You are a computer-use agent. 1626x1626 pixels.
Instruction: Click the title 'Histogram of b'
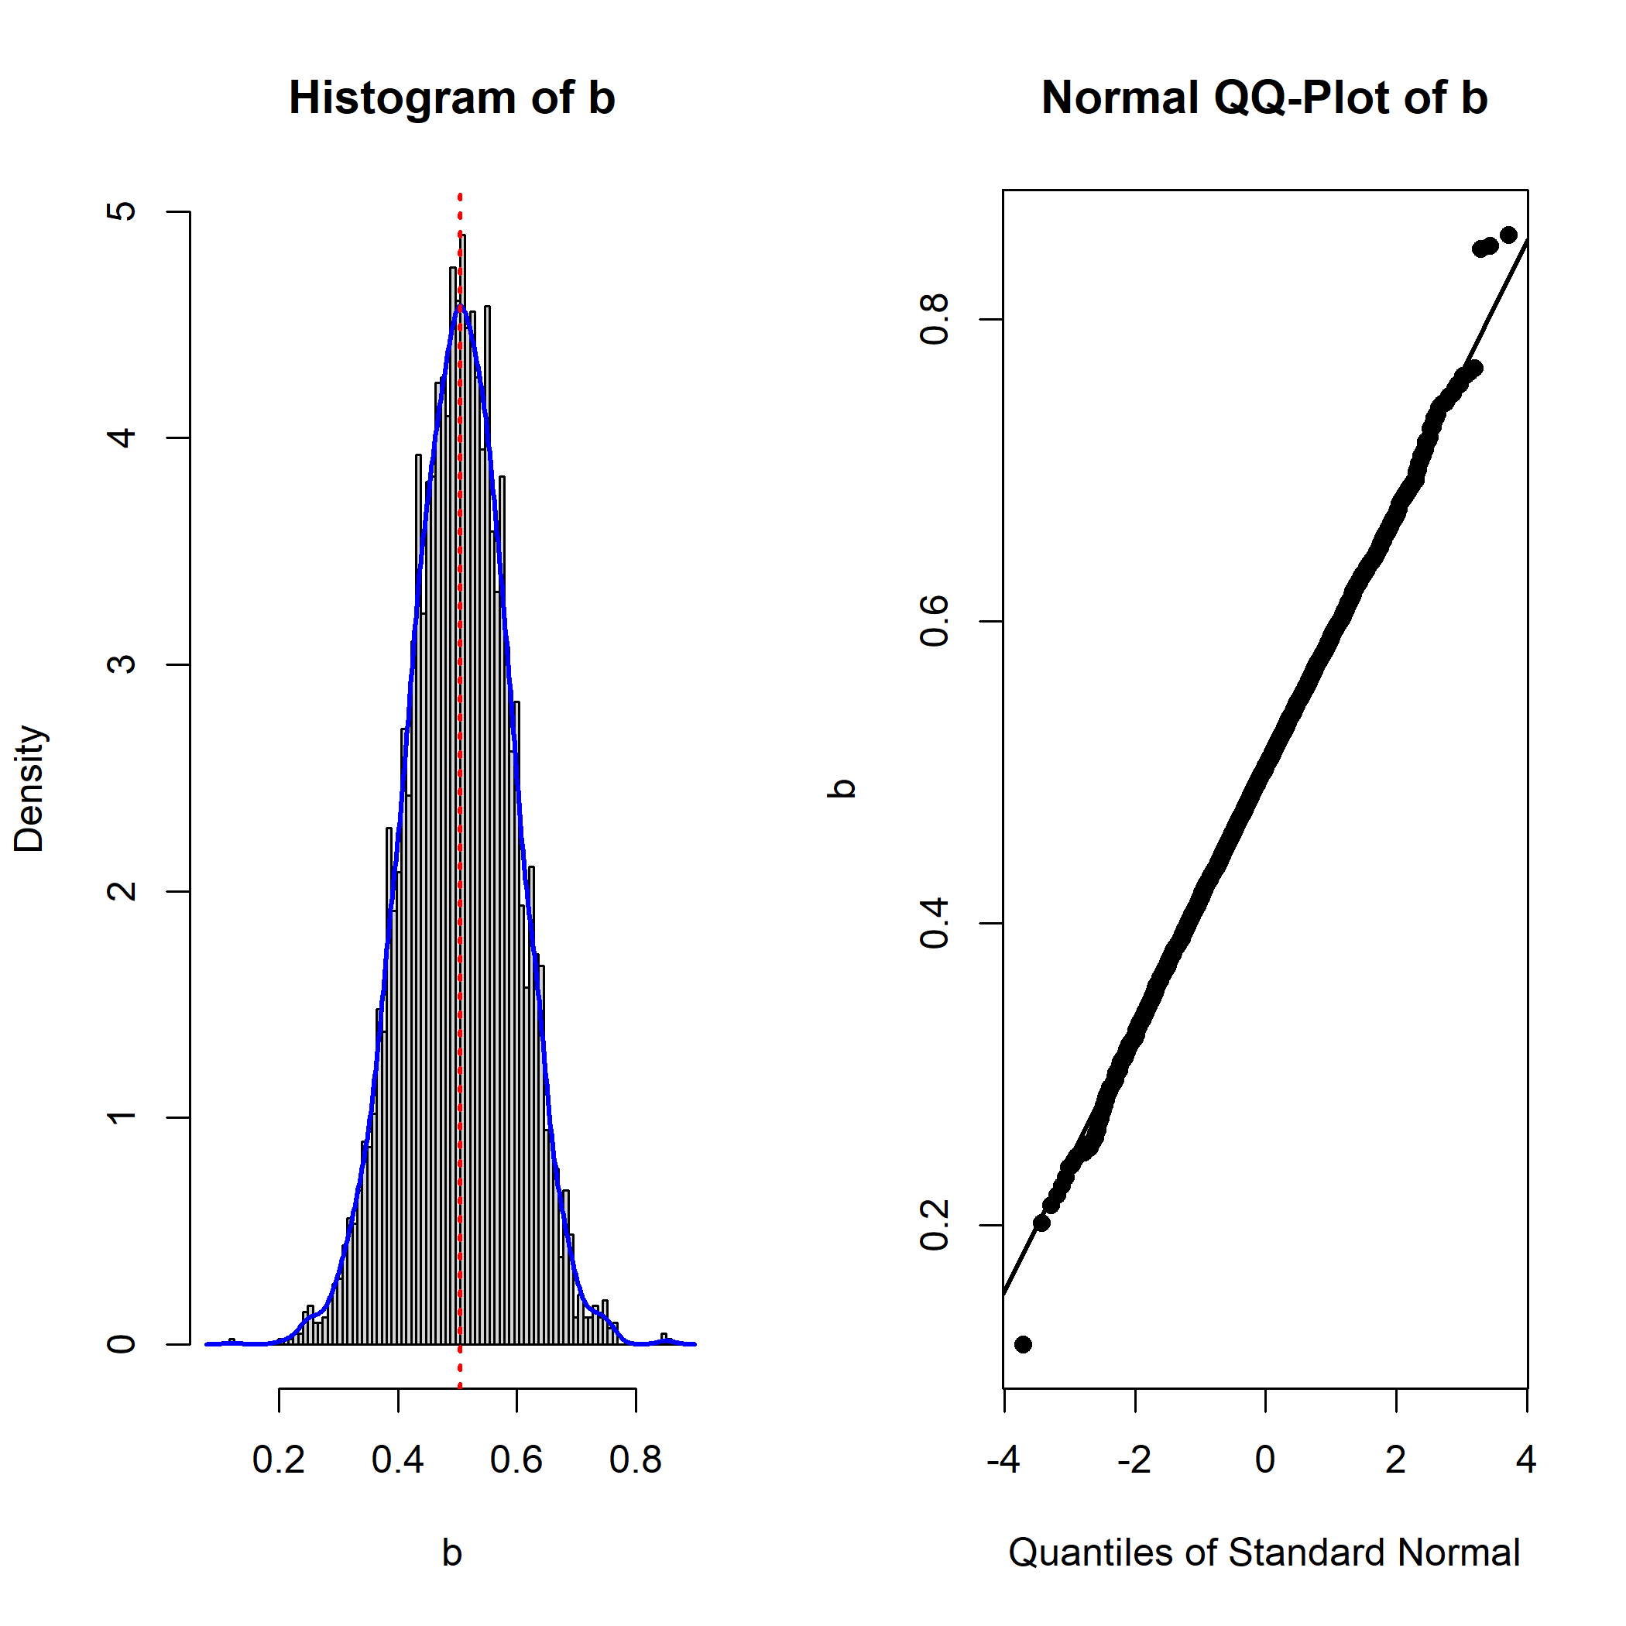452,98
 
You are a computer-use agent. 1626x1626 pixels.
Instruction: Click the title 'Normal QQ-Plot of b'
1264,98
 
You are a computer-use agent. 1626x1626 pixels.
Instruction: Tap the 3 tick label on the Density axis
122,664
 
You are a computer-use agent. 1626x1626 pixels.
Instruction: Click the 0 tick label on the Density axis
122,1344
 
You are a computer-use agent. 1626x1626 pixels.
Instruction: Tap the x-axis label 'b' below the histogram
452,1552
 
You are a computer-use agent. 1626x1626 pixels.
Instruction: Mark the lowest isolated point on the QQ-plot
1023,1344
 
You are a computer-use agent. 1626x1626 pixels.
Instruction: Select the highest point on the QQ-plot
1508,235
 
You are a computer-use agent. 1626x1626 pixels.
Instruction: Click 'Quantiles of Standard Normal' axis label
1264,1552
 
